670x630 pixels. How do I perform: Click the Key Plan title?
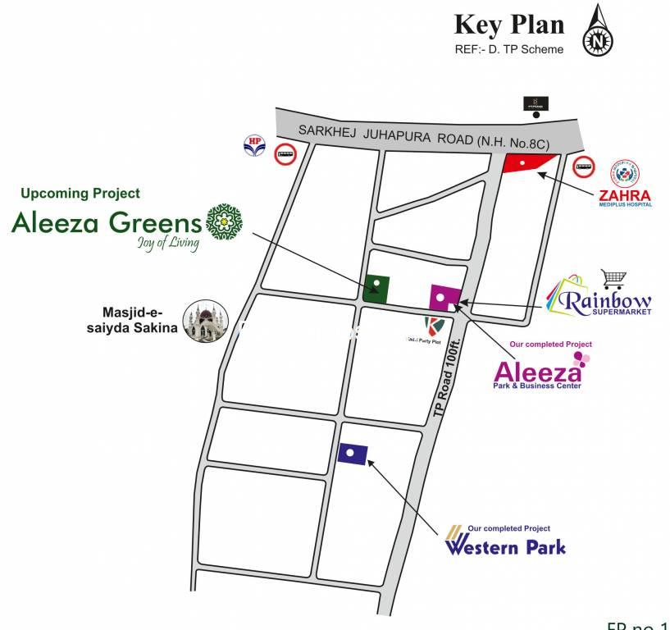(509, 25)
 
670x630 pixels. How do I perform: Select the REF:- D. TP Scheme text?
(509, 49)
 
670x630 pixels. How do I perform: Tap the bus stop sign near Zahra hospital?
(585, 167)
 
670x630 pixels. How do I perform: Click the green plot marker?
(376, 287)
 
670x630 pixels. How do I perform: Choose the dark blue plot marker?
(352, 453)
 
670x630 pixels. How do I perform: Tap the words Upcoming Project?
(80, 194)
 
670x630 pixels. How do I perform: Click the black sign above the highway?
(538, 103)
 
